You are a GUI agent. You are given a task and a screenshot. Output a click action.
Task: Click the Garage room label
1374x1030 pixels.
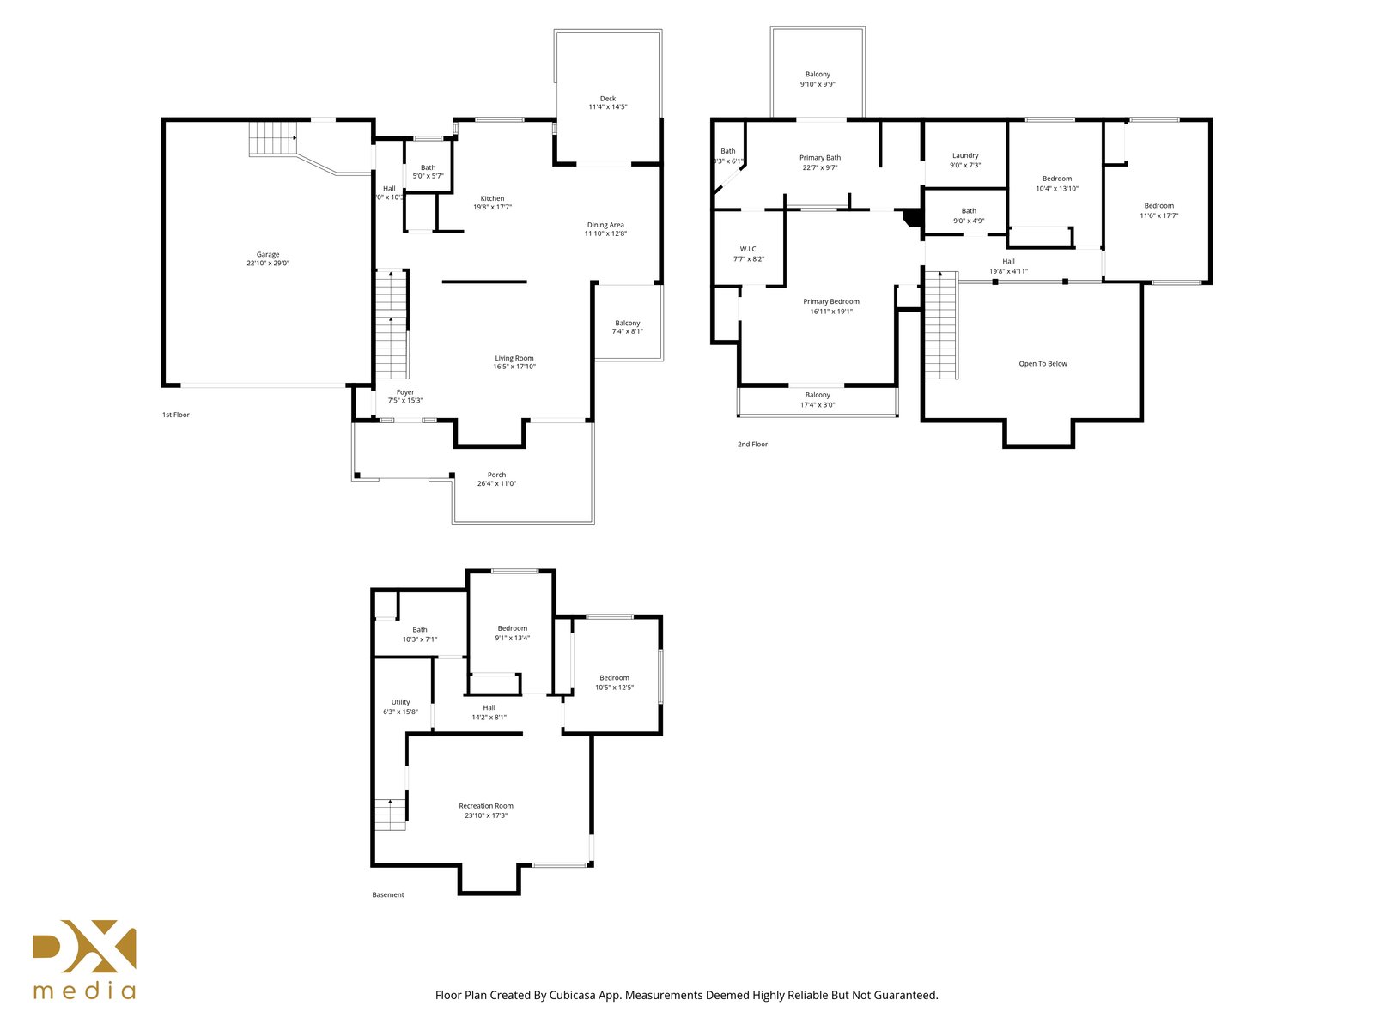(267, 255)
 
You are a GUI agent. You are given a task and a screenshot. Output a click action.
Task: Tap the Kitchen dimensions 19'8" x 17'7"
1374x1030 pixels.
(492, 207)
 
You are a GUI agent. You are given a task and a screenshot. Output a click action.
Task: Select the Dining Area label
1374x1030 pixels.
(605, 225)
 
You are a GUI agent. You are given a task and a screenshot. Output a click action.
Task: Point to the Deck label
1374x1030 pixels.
(607, 98)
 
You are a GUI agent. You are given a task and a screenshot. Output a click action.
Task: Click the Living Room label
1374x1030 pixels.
(514, 358)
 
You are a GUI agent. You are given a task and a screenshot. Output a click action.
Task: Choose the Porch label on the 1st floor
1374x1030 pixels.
(496, 475)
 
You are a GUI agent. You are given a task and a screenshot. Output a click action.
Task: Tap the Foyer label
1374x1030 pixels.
(405, 392)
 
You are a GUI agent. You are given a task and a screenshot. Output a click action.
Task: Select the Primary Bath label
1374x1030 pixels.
(819, 158)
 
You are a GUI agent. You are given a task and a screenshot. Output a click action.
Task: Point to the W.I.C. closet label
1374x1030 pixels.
(749, 249)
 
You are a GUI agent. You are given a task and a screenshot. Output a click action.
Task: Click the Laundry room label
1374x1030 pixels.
(964, 155)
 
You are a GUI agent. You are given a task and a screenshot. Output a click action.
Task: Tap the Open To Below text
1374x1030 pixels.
(1043, 363)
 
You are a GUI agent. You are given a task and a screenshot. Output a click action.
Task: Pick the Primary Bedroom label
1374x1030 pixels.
(830, 301)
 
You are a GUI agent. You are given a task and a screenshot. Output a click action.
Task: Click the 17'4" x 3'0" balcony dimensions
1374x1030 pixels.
(817, 404)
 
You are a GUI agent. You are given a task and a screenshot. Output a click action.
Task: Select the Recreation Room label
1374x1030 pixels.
(486, 805)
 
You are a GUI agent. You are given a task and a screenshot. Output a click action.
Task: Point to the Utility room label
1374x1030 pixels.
(401, 701)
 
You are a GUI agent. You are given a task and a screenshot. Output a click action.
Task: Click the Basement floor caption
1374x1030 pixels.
(387, 894)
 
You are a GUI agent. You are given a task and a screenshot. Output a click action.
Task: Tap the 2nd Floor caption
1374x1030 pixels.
(751, 444)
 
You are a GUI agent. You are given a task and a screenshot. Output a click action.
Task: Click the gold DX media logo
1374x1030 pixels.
(84, 960)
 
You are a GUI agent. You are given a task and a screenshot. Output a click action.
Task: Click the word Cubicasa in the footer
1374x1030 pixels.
(573, 995)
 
